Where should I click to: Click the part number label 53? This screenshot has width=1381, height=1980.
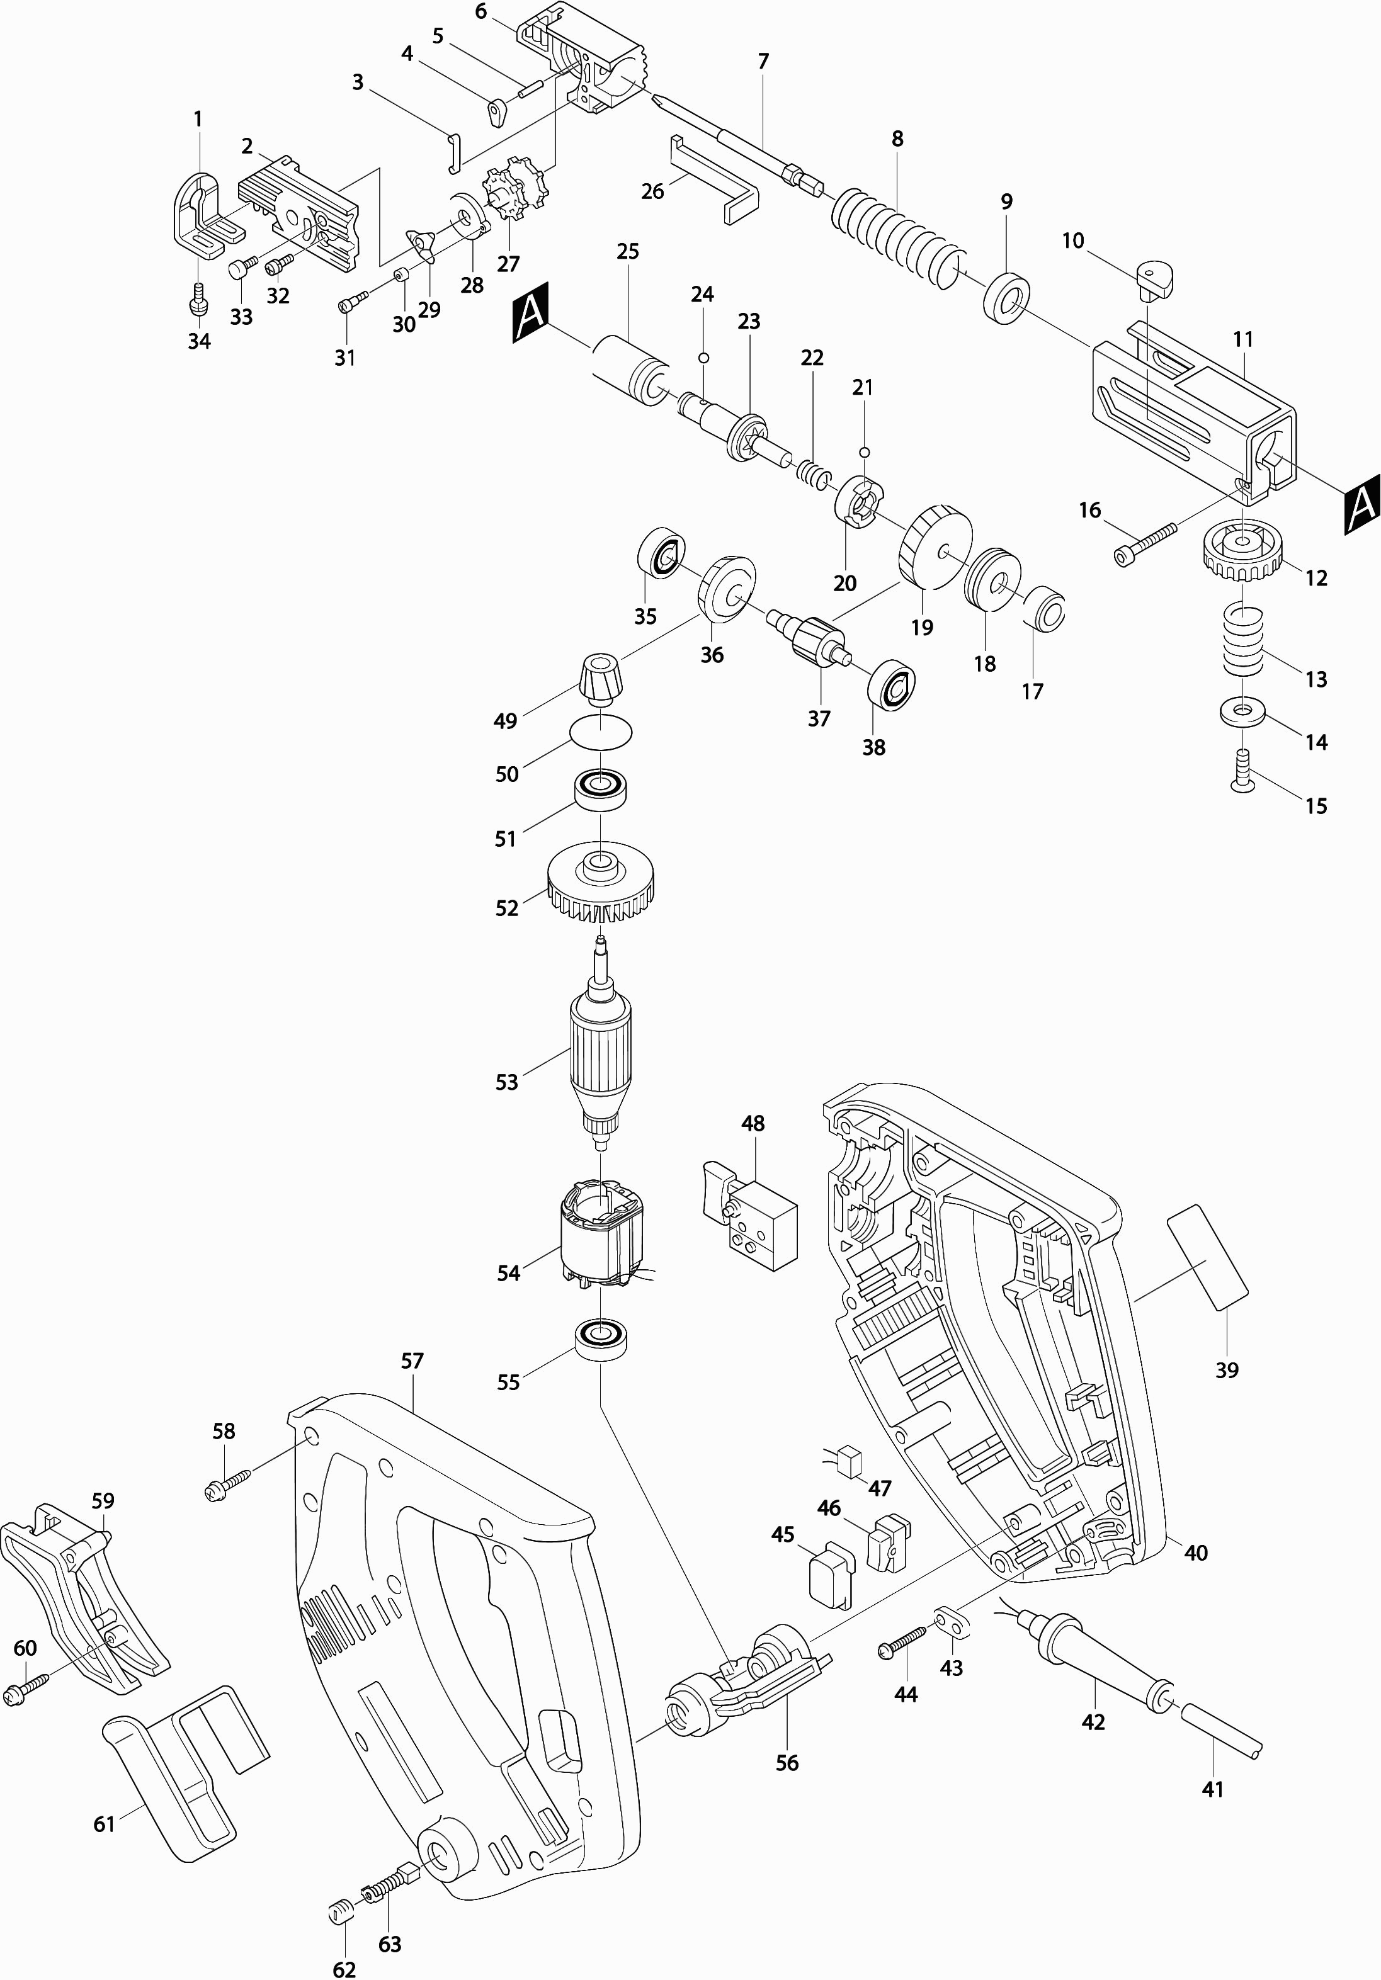click(506, 1082)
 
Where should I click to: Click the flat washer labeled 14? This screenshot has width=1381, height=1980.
click(1241, 711)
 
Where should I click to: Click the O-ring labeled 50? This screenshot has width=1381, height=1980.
click(600, 732)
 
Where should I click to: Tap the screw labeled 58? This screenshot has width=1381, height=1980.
click(227, 1485)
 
